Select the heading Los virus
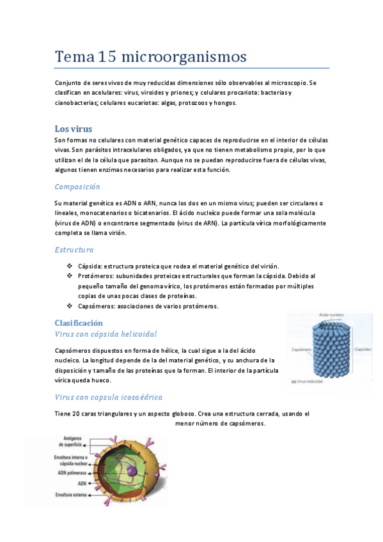74,128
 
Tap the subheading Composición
77,187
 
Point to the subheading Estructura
74,249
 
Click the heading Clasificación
79,323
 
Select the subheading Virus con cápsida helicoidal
106,334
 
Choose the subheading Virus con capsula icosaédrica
108,397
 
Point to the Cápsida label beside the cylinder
363,350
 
